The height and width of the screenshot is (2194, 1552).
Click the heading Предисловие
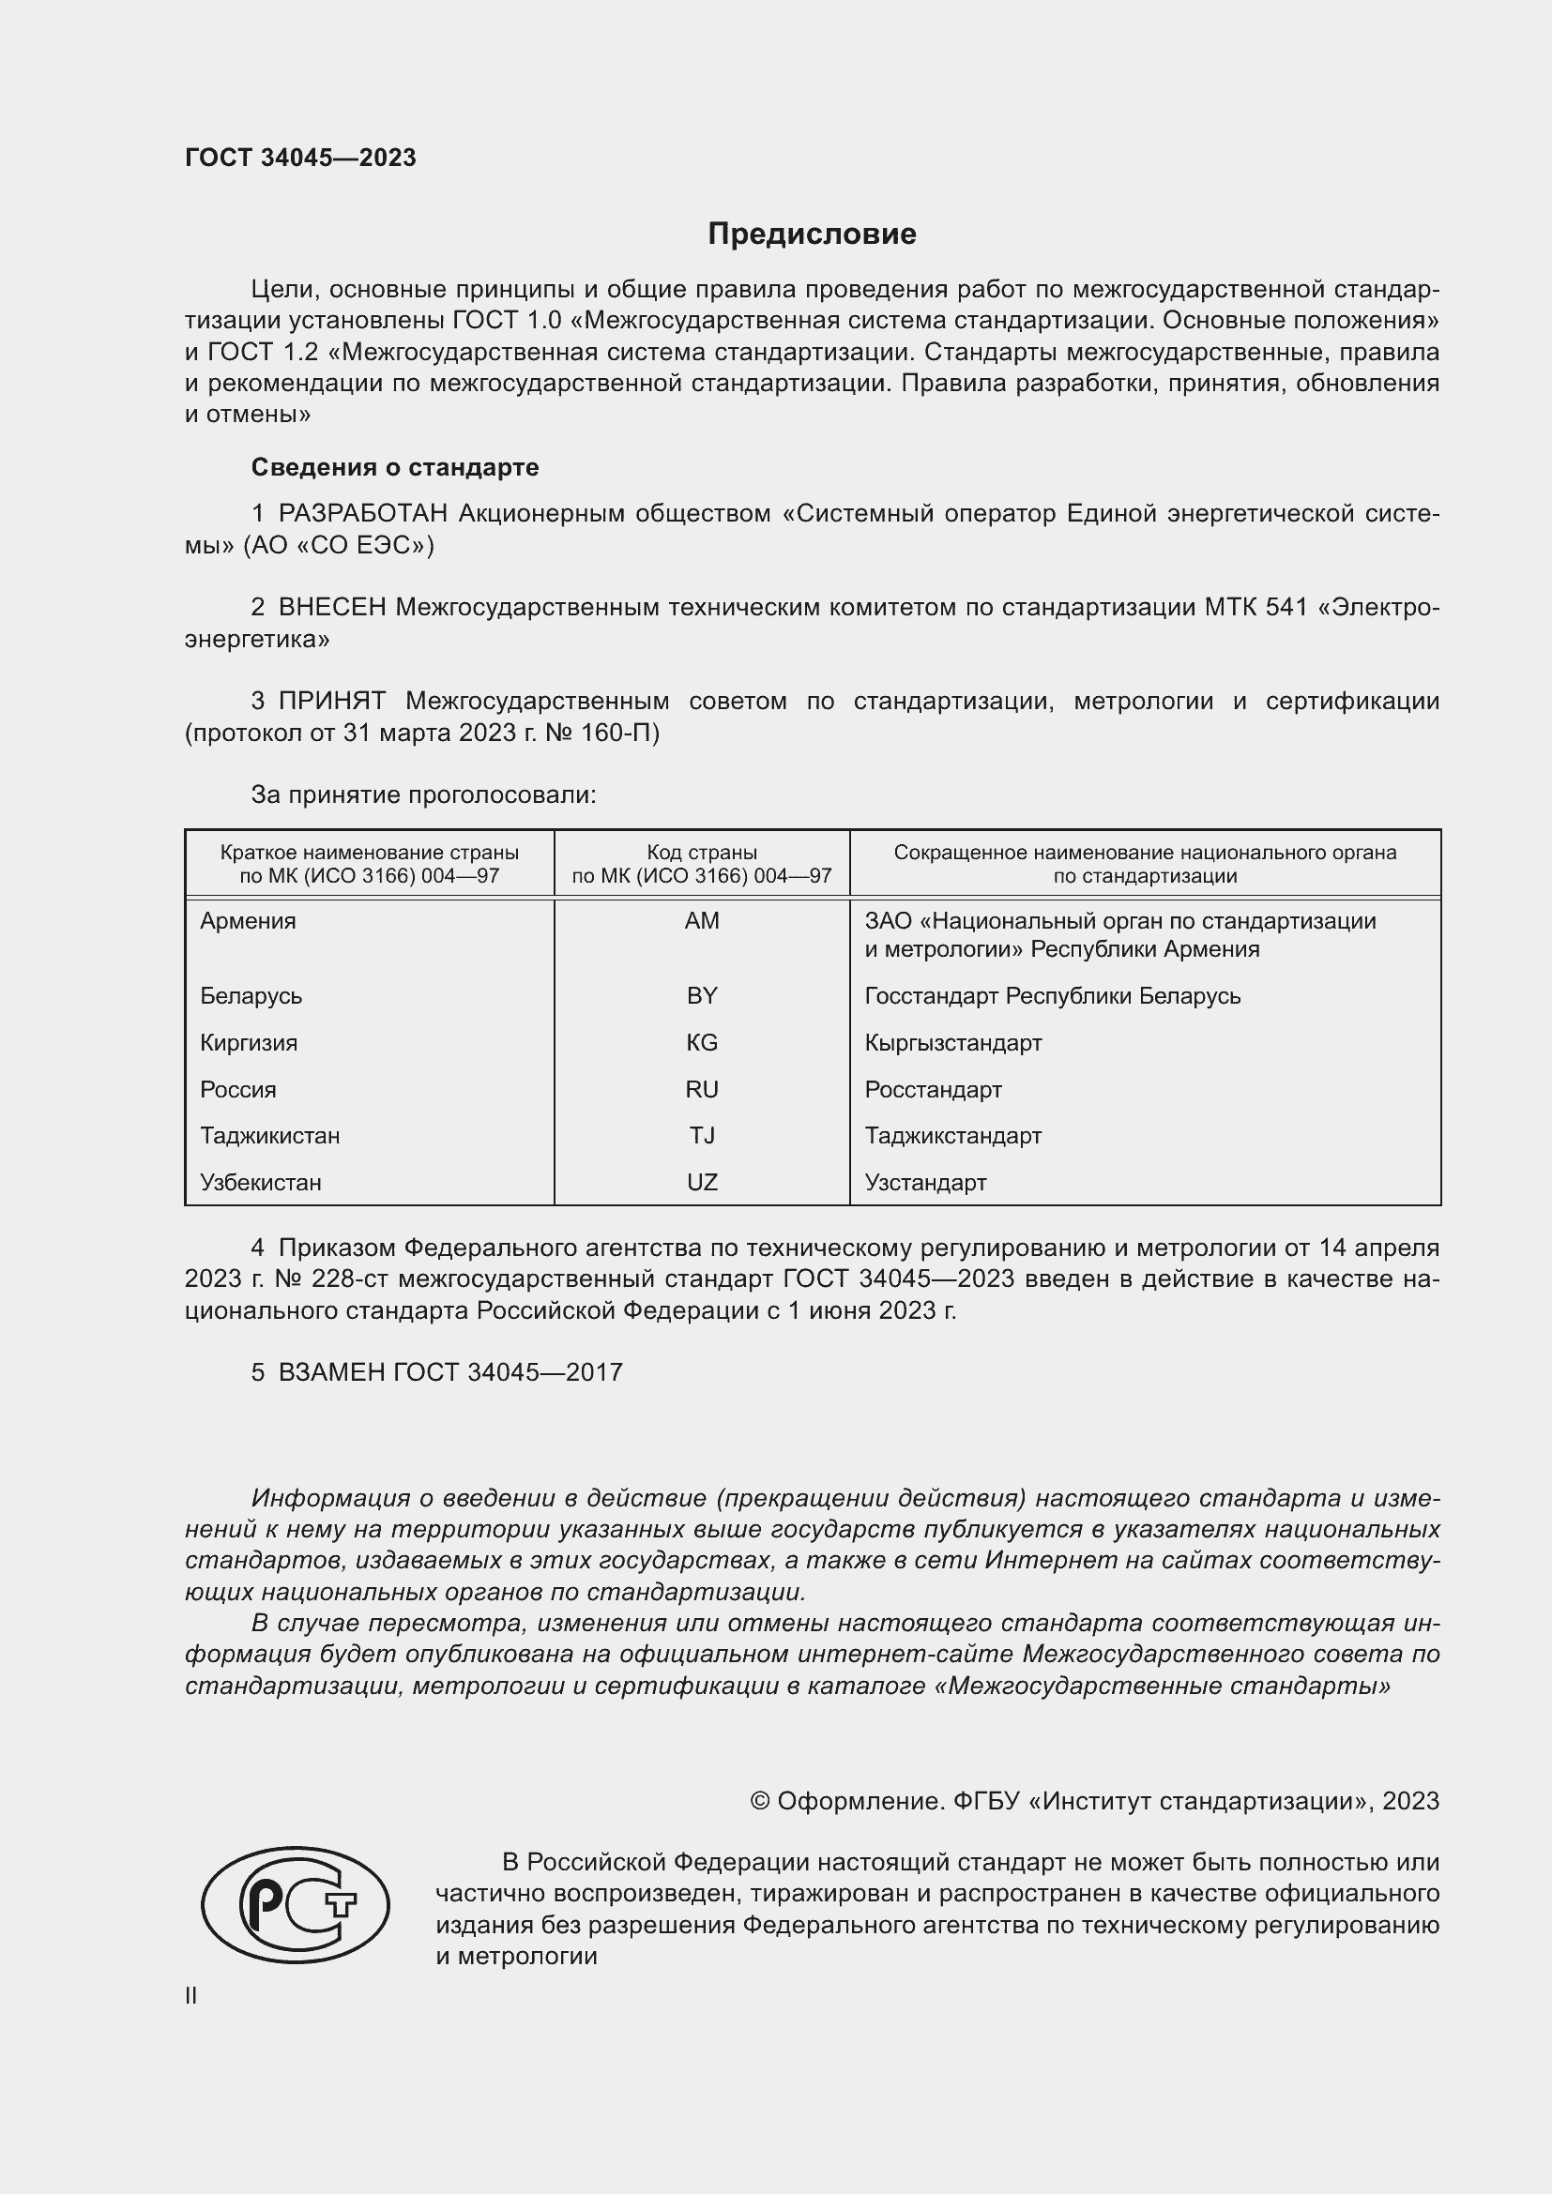(x=812, y=235)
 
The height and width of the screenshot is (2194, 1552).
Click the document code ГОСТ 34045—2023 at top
(x=300, y=158)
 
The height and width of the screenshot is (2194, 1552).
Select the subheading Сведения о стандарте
(x=395, y=467)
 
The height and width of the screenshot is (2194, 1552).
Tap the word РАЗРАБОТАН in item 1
(x=363, y=514)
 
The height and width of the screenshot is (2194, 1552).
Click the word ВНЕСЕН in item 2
(x=332, y=608)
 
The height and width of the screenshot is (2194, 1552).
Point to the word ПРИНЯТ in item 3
(x=331, y=702)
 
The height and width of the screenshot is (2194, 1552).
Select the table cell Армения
(x=249, y=921)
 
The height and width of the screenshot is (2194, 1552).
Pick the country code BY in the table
(x=702, y=996)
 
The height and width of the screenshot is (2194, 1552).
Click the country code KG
(x=702, y=1042)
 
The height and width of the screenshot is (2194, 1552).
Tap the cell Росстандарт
(x=933, y=1089)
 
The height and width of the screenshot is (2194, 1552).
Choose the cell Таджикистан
(x=269, y=1136)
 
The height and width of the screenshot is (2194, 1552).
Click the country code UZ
(x=702, y=1183)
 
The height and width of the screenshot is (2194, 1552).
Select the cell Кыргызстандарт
(x=952, y=1042)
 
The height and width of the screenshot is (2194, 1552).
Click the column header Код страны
(x=702, y=853)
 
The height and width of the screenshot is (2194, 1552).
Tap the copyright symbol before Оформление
(x=760, y=1801)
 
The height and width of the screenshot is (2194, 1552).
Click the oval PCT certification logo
(x=296, y=1904)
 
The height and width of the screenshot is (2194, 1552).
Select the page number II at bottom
(x=191, y=1995)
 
